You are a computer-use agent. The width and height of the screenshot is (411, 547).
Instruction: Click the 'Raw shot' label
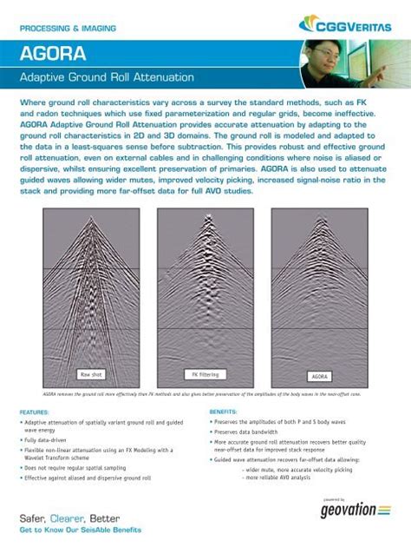92,374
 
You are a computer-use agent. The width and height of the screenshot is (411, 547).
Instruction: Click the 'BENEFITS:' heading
224,411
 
